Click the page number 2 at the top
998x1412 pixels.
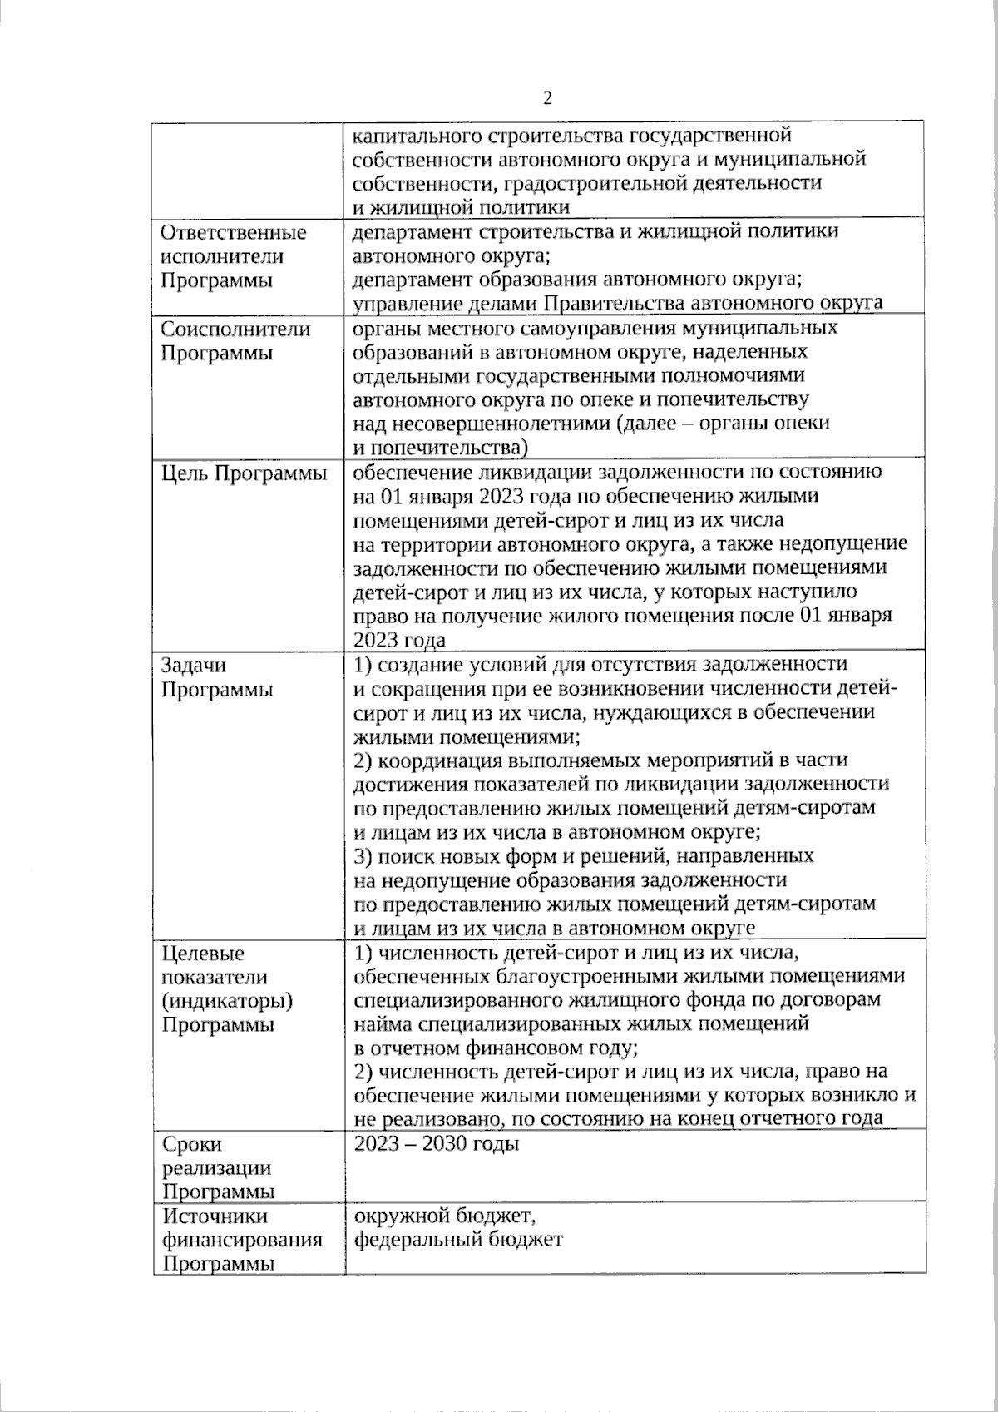tap(546, 99)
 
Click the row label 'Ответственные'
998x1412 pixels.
tap(233, 233)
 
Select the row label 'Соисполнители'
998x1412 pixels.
tap(235, 329)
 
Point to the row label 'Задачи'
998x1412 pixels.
tap(193, 666)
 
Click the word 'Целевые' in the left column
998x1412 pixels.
tap(203, 954)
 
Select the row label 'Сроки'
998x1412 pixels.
tap(193, 1145)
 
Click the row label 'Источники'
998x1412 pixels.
tap(215, 1216)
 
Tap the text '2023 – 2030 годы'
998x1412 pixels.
tap(437, 1144)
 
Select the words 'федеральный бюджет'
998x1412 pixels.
tap(458, 1240)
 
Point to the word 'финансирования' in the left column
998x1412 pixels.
tap(242, 1241)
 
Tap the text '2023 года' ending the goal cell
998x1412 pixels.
tap(400, 640)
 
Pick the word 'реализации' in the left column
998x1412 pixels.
tap(216, 1168)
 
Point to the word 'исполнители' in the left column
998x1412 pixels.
tap(221, 257)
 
